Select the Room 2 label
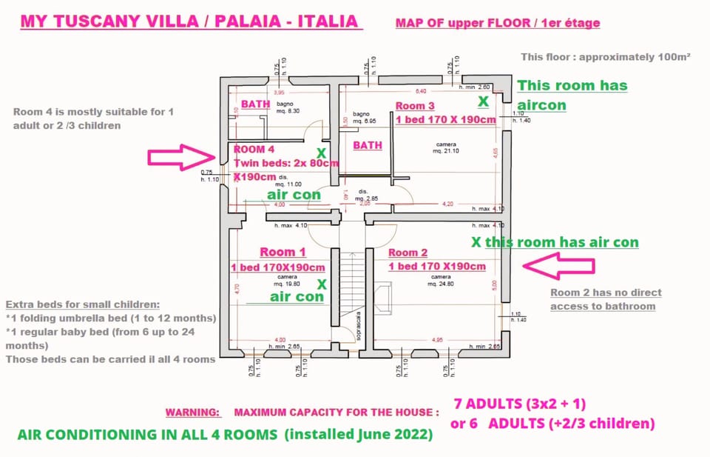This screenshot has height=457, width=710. click(408, 253)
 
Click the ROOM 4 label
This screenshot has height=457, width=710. click(254, 150)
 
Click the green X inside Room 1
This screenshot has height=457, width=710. click(322, 284)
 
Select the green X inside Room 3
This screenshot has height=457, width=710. click(483, 100)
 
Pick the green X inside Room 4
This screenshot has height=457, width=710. click(321, 153)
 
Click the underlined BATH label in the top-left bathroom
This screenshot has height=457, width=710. click(255, 104)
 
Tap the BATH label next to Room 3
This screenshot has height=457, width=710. click(367, 145)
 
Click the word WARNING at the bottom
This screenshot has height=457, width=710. click(192, 412)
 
